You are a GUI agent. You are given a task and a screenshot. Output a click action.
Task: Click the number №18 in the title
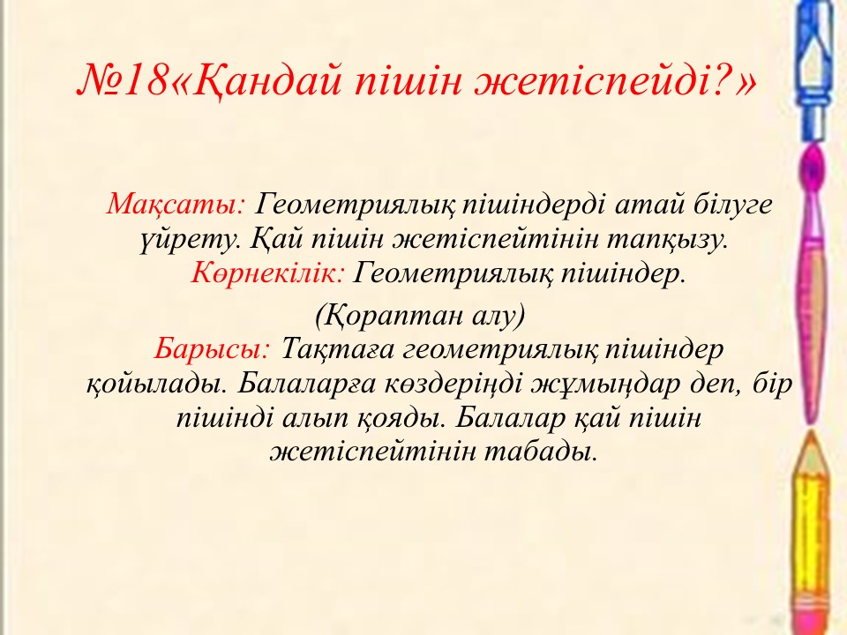tap(123, 80)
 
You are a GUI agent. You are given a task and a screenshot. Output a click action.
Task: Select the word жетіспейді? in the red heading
tap(600, 80)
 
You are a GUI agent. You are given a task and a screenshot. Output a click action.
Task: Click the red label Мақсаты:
tap(176, 205)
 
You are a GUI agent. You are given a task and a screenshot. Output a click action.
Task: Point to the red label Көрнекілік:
tap(268, 273)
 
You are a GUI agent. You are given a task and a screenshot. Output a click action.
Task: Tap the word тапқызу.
tap(667, 240)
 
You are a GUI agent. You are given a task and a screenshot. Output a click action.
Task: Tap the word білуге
tap(732, 205)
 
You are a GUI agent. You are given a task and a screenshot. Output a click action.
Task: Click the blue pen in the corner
tap(813, 71)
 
